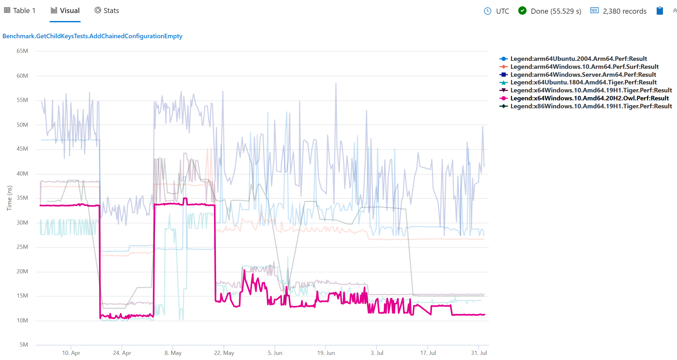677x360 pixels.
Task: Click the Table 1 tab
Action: [20, 11]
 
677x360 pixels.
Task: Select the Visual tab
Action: [65, 11]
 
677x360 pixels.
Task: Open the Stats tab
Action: [107, 11]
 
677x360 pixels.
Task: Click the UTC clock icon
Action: [488, 11]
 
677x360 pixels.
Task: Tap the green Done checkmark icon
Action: [522, 11]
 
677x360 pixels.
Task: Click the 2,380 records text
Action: [624, 11]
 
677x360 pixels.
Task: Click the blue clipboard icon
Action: [660, 11]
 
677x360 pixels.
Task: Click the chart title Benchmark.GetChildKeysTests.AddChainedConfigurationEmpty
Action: [92, 36]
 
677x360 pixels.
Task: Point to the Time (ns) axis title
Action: [9, 198]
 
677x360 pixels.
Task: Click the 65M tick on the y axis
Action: [22, 51]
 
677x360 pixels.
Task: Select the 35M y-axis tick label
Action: [22, 198]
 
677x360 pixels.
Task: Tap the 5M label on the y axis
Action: [24, 345]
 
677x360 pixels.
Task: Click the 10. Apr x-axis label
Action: [71, 353]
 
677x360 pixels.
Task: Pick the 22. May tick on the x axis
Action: [224, 353]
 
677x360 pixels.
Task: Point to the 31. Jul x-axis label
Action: [479, 353]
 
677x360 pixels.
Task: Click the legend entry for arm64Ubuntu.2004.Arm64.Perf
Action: [578, 59]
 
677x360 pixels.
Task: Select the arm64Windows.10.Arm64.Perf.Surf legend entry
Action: [584, 67]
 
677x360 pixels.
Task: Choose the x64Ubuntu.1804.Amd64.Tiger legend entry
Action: [583, 82]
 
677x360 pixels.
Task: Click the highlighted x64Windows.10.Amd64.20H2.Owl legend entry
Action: [589, 98]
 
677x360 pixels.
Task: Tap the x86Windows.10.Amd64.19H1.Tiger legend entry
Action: [591, 106]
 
